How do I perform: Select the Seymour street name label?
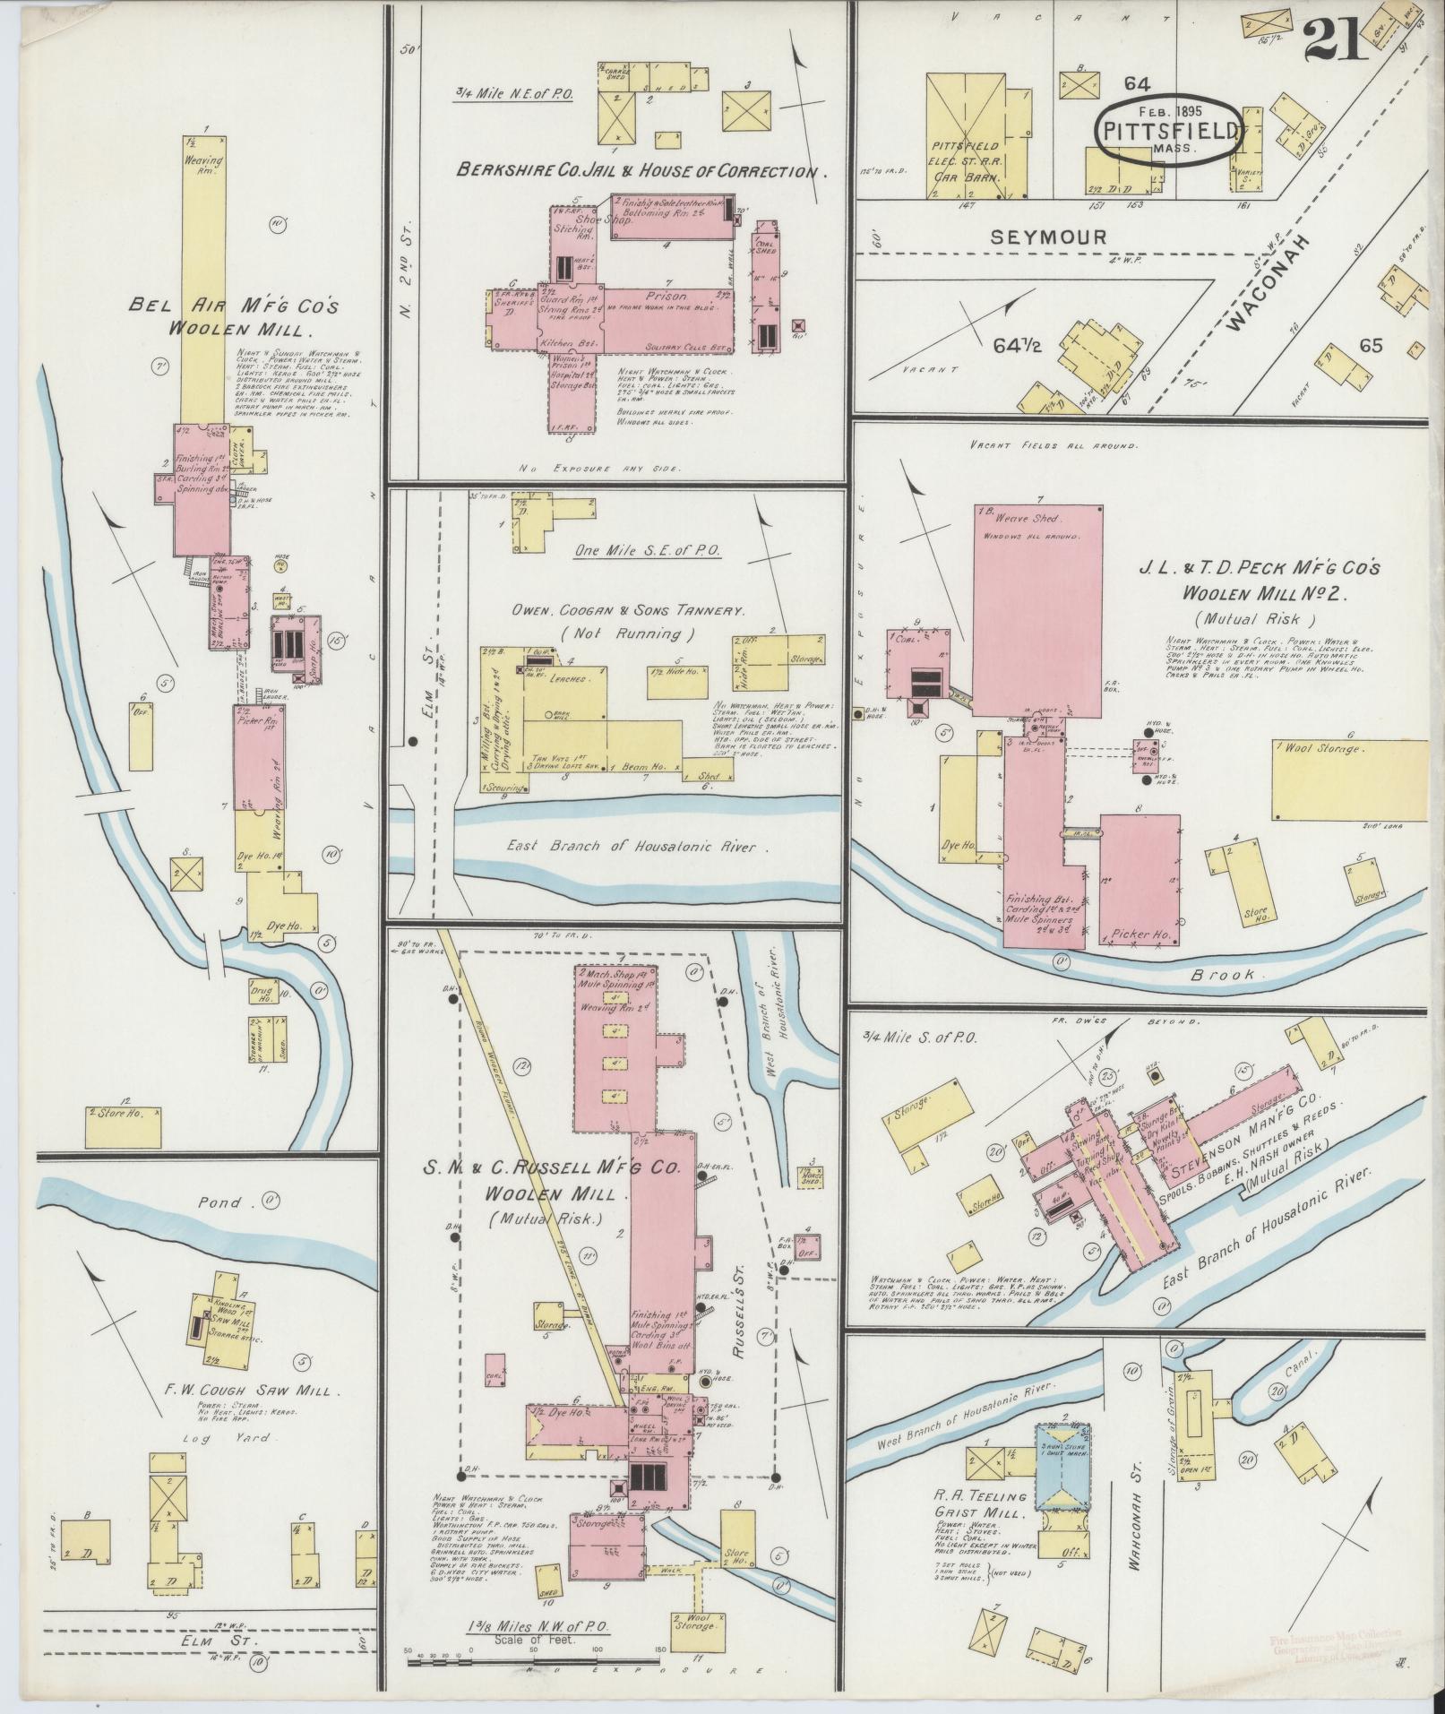point(1048,237)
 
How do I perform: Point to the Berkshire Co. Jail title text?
point(639,171)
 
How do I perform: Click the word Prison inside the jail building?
point(664,296)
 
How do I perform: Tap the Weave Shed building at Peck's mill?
point(1037,609)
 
